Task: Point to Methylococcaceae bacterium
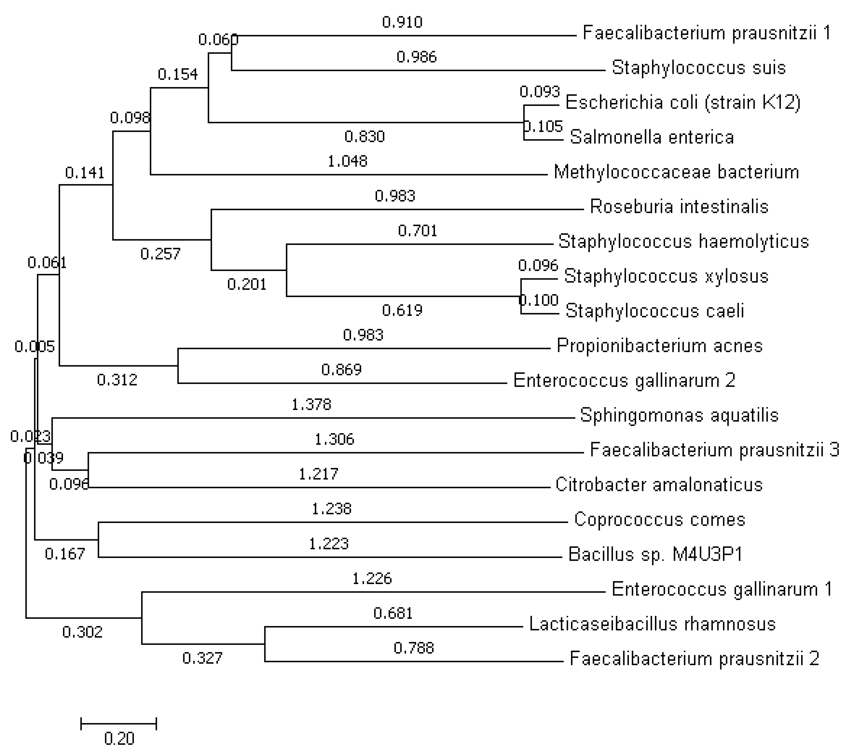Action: [x=676, y=172]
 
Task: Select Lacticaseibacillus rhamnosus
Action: [x=652, y=623]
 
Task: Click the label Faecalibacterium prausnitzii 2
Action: [x=694, y=658]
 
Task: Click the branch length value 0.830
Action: [x=364, y=136]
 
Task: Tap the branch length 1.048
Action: [x=347, y=161]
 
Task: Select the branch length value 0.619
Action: [x=402, y=310]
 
